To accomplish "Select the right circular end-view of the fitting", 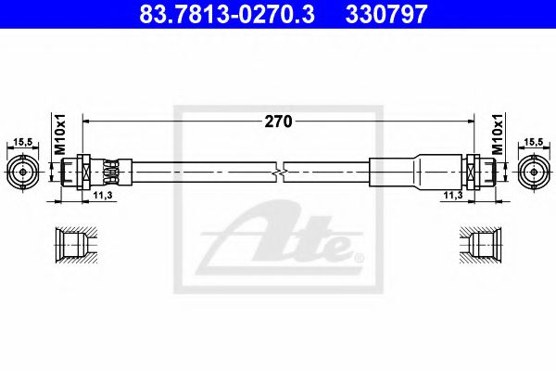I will (x=533, y=172).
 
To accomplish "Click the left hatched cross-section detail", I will (x=69, y=246).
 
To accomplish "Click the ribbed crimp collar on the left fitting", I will (x=112, y=172).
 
